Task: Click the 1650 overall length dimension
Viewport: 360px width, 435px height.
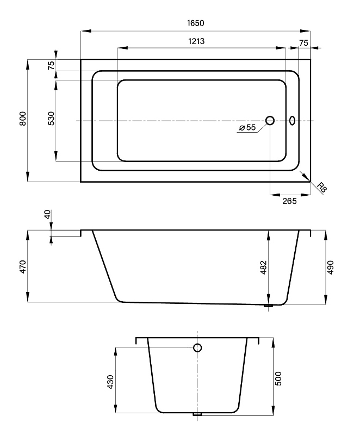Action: (x=196, y=23)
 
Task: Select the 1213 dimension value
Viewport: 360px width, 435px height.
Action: (x=196, y=41)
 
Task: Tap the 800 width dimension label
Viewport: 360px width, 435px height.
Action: (x=23, y=119)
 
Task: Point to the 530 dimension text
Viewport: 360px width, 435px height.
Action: (x=51, y=119)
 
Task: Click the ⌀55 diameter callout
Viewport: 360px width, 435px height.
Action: (x=247, y=127)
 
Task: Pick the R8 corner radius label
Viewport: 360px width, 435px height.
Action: (x=322, y=188)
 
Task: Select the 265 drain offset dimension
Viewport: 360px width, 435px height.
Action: (x=289, y=201)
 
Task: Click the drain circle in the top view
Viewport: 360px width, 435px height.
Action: (x=270, y=121)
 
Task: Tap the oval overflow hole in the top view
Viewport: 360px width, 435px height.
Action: (x=292, y=120)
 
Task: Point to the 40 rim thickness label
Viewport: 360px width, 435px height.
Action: (x=47, y=214)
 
